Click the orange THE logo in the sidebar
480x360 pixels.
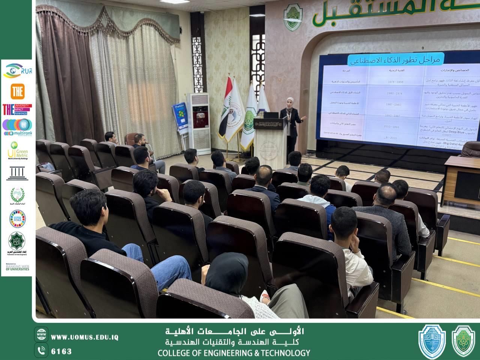(x=17, y=91)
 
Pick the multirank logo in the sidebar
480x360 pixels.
(x=17, y=127)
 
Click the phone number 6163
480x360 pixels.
(x=61, y=351)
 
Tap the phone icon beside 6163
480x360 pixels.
(x=41, y=351)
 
